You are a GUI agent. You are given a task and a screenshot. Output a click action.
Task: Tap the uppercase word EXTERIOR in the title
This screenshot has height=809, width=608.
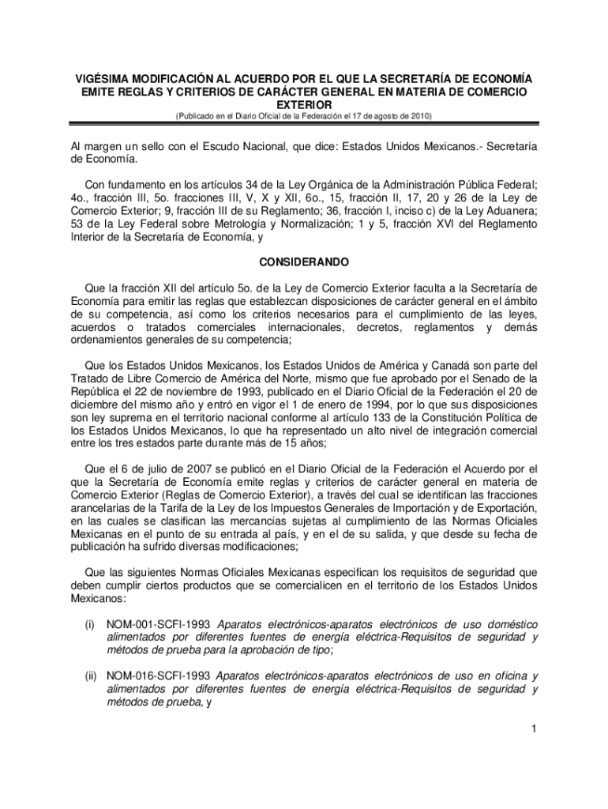pyautogui.click(x=304, y=104)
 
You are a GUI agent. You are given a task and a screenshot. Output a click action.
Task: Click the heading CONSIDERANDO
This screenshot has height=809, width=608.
pyautogui.click(x=304, y=262)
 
